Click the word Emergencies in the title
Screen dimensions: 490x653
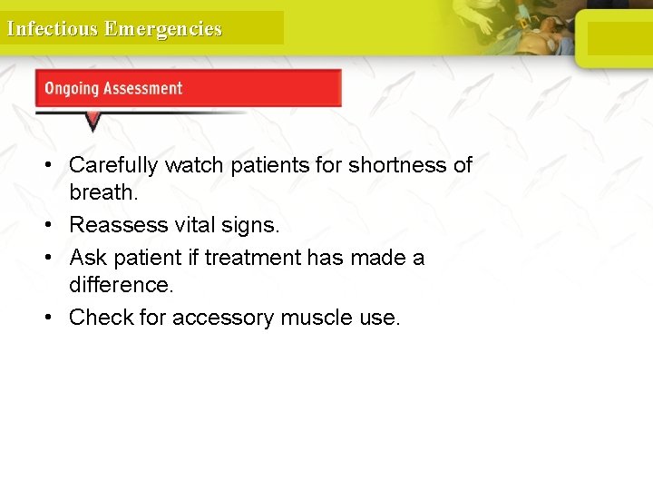point(163,29)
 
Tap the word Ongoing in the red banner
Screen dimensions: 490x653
point(72,89)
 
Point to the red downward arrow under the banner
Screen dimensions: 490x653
point(93,121)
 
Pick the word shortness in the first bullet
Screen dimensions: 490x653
point(388,165)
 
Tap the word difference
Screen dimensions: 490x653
point(121,285)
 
